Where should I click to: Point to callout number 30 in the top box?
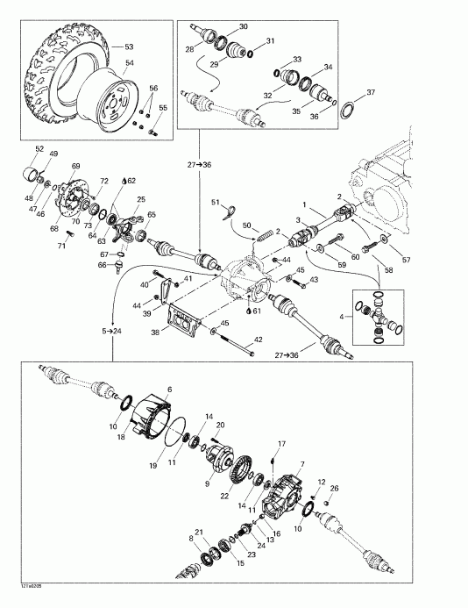tap(244, 27)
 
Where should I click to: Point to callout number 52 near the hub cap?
tap(39, 147)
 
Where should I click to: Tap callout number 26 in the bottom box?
tap(333, 488)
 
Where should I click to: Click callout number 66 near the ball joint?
tap(102, 264)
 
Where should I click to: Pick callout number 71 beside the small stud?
tap(61, 246)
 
